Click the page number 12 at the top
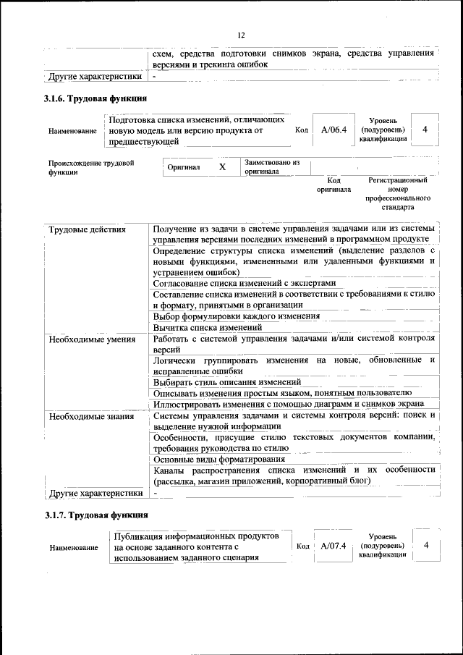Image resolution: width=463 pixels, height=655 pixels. pyautogui.click(x=241, y=35)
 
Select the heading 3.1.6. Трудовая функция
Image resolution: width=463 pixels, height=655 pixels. pyautogui.click(x=96, y=98)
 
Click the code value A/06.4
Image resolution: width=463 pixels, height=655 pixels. pyautogui.click(x=334, y=130)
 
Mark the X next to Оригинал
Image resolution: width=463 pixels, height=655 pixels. pyautogui.click(x=223, y=167)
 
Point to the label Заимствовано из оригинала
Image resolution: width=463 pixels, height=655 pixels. pyautogui.click(x=272, y=167)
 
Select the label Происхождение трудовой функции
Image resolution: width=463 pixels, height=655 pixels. pyautogui.click(x=91, y=168)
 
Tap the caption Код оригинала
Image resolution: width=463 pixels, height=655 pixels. pyautogui.click(x=334, y=185)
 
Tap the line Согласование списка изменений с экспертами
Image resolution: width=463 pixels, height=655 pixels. pyautogui.click(x=245, y=283)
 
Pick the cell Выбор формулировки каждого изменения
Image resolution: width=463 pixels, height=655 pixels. pyautogui.click(x=237, y=316)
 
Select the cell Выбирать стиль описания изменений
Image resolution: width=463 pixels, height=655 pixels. pyautogui.click(x=227, y=381)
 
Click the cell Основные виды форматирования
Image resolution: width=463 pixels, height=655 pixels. pyautogui.click(x=219, y=459)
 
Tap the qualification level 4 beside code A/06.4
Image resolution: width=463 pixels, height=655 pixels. pyautogui.click(x=425, y=129)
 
